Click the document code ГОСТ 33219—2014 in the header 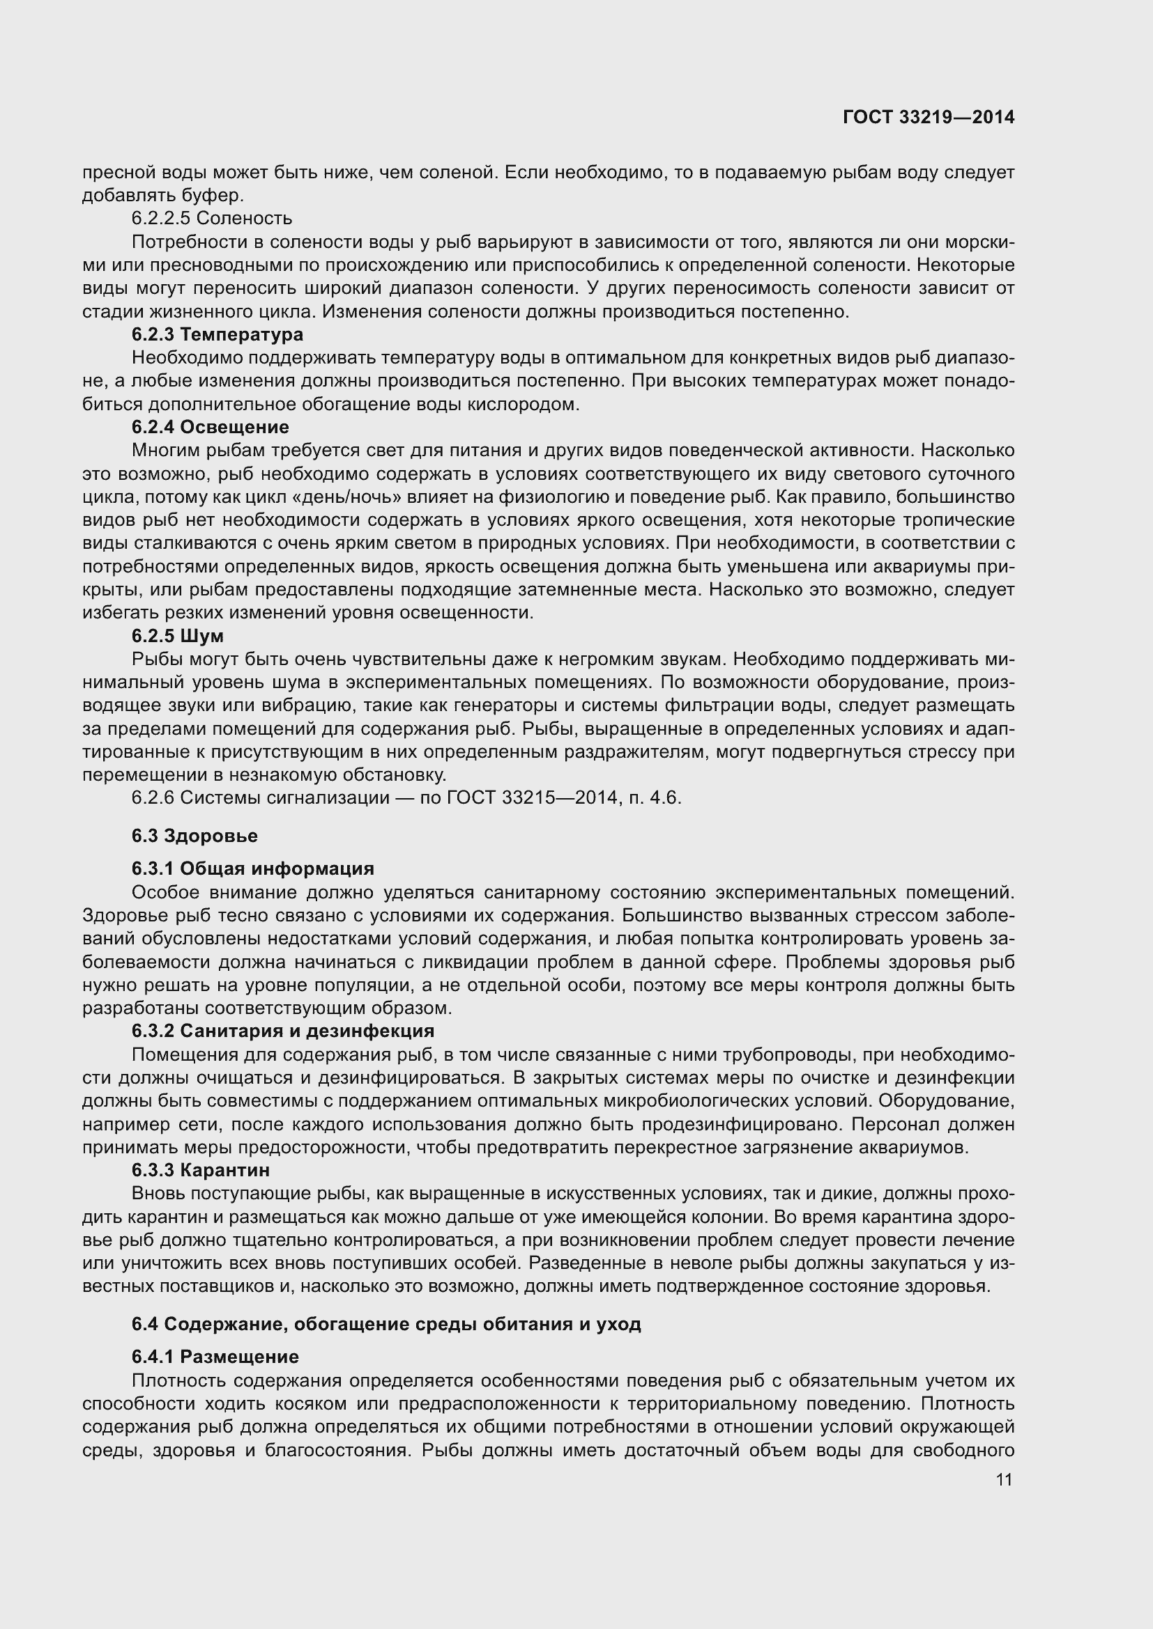[x=929, y=117]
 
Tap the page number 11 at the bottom [x=1004, y=1479]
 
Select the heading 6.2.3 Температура [x=217, y=334]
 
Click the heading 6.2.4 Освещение [x=210, y=427]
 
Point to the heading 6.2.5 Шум [x=178, y=636]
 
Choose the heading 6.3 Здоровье [x=194, y=836]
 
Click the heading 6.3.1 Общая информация [x=252, y=868]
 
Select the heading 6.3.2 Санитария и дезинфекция [x=282, y=1030]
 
